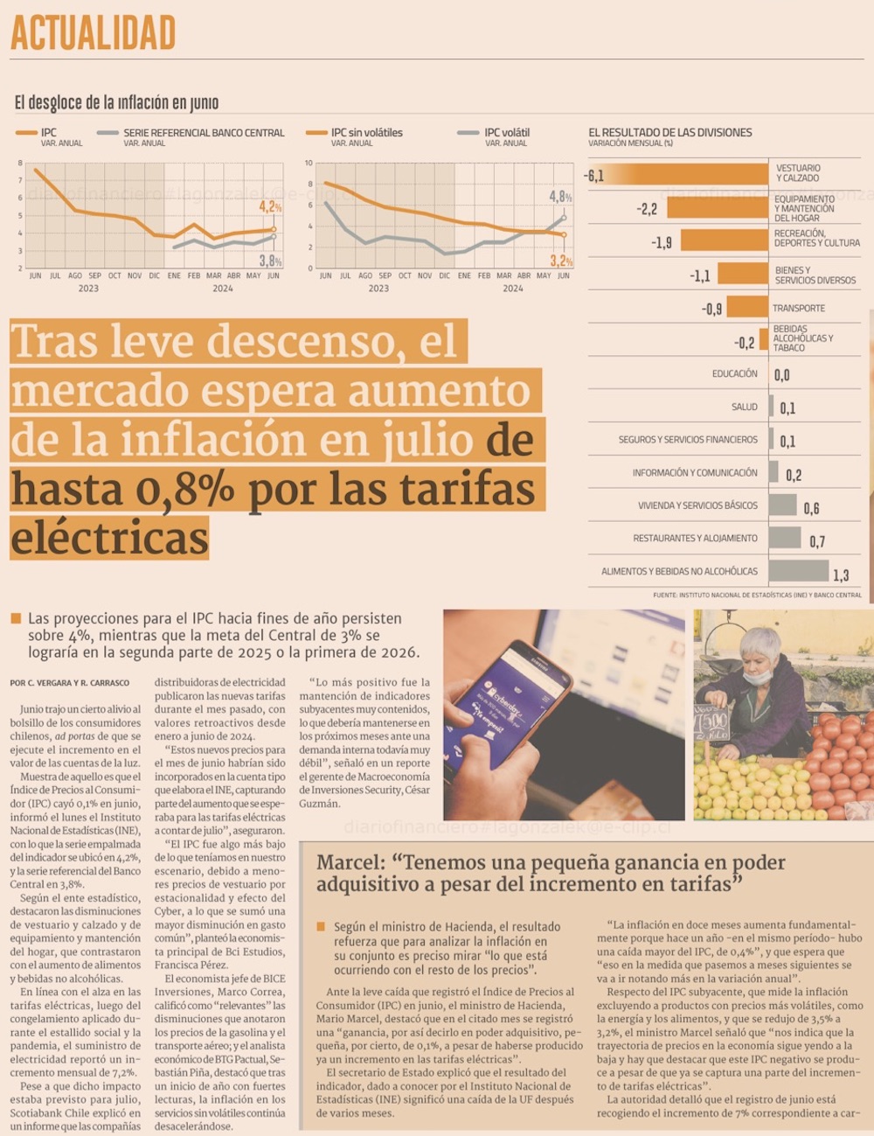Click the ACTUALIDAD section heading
tap(94, 33)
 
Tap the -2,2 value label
tap(647, 209)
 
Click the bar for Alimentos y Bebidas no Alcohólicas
tap(798, 571)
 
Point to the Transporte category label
tap(798, 308)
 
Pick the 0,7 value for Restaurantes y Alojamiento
tap(816, 542)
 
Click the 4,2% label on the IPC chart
tap(270, 207)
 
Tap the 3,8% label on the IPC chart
tap(270, 261)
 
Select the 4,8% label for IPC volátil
tap(560, 198)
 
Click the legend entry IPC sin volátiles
tap(366, 133)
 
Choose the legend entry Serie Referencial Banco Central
tap(204, 133)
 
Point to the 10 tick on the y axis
tap(309, 164)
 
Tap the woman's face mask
tap(758, 676)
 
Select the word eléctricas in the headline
tap(110, 537)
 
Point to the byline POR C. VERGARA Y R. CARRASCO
tap(70, 683)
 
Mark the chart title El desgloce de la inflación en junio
tap(116, 103)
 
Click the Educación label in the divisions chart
tap(734, 373)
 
